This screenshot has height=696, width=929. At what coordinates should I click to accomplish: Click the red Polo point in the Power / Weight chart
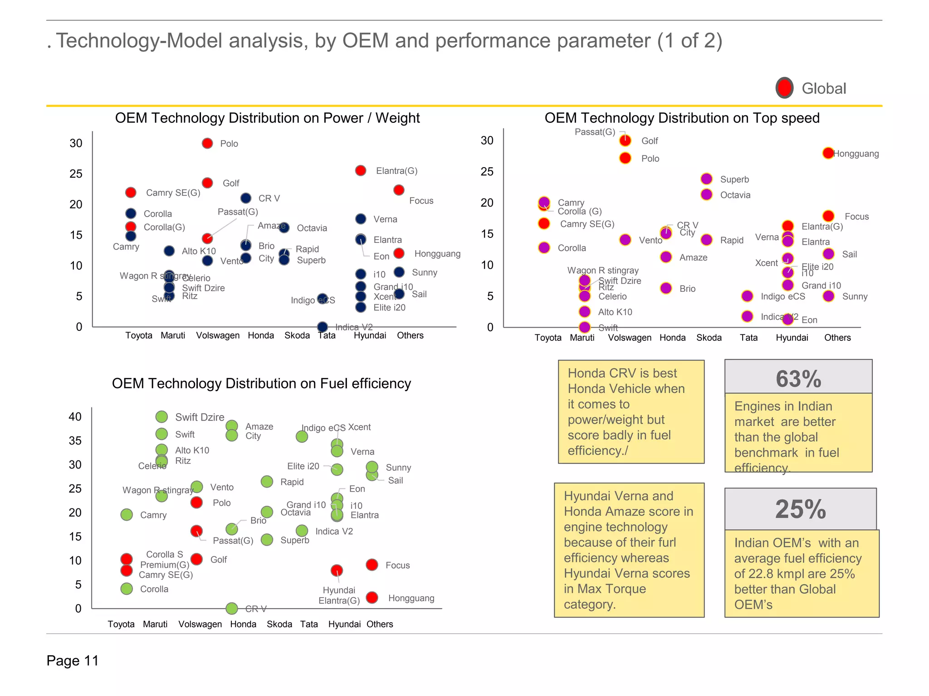[207, 143]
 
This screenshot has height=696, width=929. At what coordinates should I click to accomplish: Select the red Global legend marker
[784, 88]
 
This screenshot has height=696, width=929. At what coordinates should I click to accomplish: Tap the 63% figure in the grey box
[798, 379]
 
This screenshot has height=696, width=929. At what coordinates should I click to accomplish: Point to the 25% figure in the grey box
[800, 509]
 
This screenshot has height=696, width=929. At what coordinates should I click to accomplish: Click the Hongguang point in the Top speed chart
[828, 153]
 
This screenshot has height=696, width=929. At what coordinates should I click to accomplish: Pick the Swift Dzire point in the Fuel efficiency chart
[161, 416]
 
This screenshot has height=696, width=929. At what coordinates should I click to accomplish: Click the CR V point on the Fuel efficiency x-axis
[232, 608]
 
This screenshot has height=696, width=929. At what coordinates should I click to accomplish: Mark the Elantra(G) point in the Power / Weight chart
[361, 170]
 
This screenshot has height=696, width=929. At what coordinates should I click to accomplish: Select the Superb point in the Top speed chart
[706, 179]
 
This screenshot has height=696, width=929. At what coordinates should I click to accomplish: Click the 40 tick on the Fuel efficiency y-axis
[75, 417]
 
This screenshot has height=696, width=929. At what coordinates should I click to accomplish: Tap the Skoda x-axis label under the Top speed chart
[709, 338]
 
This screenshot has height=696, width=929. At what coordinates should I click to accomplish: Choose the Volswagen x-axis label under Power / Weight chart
[218, 335]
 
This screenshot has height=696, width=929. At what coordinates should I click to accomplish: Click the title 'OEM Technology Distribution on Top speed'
[682, 118]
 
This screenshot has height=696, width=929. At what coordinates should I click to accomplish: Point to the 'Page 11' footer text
[73, 661]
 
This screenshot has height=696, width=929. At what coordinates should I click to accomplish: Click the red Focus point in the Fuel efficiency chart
[372, 565]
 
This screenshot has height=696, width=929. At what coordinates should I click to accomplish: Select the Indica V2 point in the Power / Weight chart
[323, 327]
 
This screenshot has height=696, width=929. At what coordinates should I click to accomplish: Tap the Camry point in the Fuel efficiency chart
[127, 515]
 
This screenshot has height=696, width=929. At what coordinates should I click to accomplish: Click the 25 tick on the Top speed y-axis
[487, 172]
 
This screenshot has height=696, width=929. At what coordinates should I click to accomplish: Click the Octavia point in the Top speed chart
[706, 195]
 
